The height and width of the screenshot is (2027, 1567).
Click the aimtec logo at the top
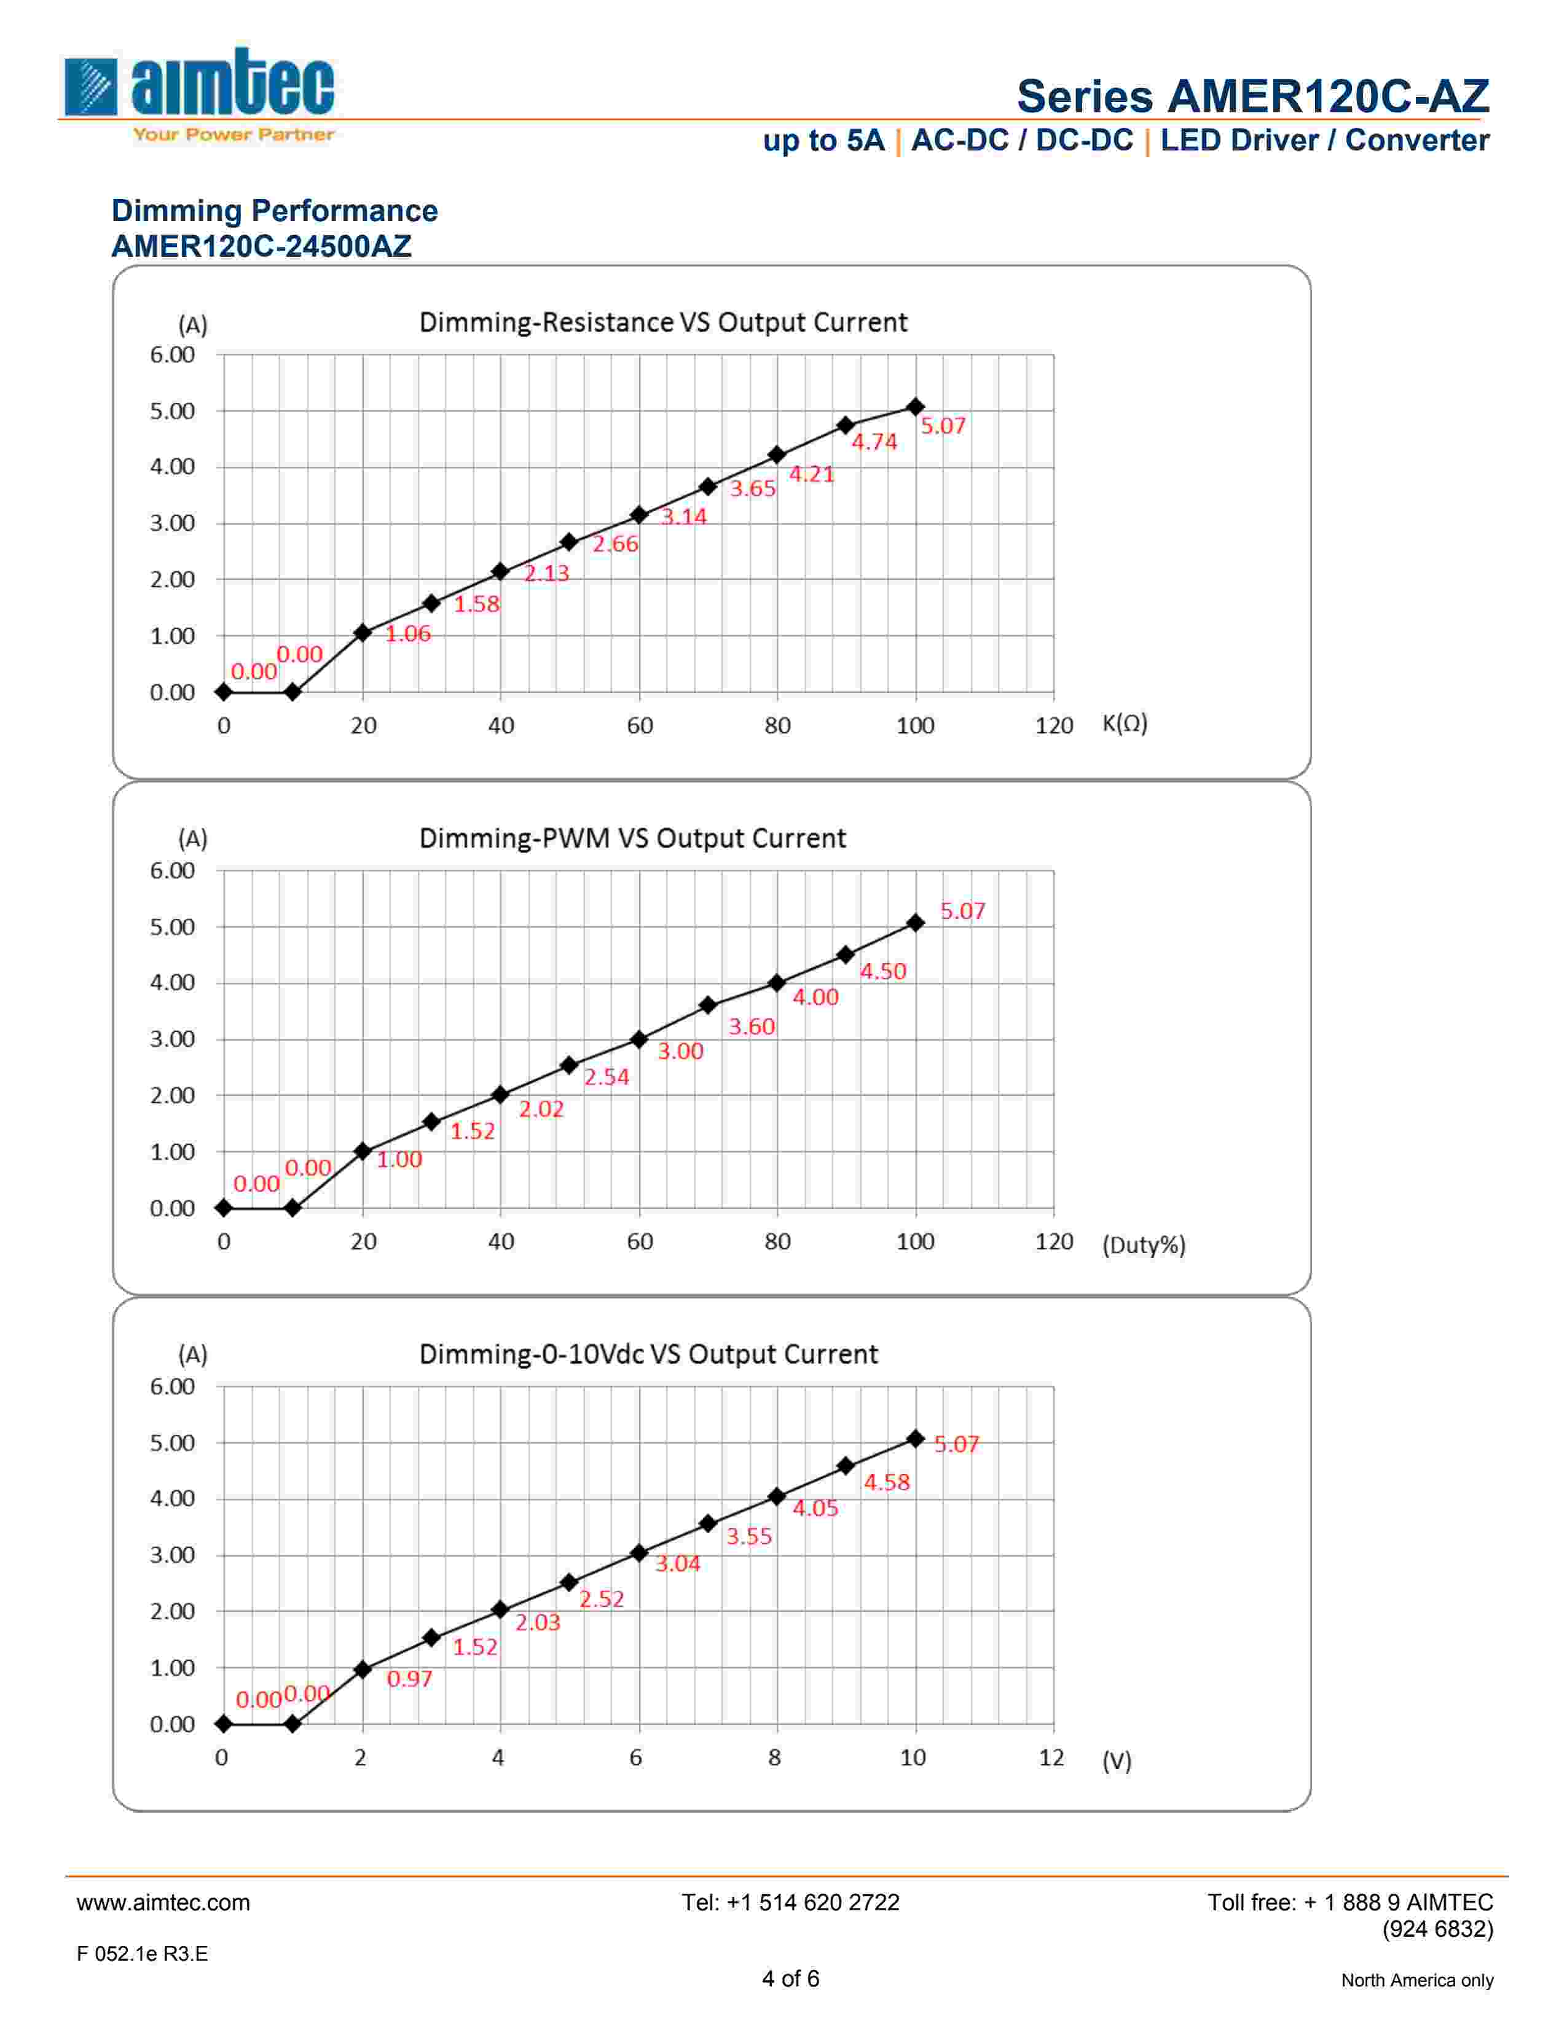point(200,93)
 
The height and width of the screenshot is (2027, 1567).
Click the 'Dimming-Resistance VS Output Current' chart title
point(663,322)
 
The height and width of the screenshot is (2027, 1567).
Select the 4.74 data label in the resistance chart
point(874,442)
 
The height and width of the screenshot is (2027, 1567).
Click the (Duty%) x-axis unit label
point(1144,1244)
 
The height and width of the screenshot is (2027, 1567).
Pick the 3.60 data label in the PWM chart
point(751,1026)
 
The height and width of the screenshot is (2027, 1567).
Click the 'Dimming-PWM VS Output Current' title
point(632,838)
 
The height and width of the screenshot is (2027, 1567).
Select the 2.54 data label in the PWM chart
point(606,1077)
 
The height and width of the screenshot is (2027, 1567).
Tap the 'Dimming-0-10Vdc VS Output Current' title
point(648,1354)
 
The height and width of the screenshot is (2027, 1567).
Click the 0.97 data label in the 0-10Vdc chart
point(409,1678)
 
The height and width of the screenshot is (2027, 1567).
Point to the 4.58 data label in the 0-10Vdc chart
point(887,1482)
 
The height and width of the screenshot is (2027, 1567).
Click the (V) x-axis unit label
point(1117,1760)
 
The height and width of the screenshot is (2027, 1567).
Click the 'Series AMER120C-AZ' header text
point(1252,96)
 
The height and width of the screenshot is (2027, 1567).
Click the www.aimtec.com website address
point(163,1903)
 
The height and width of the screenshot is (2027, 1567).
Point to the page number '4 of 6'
point(790,1978)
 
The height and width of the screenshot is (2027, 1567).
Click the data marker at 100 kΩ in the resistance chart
point(916,407)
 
